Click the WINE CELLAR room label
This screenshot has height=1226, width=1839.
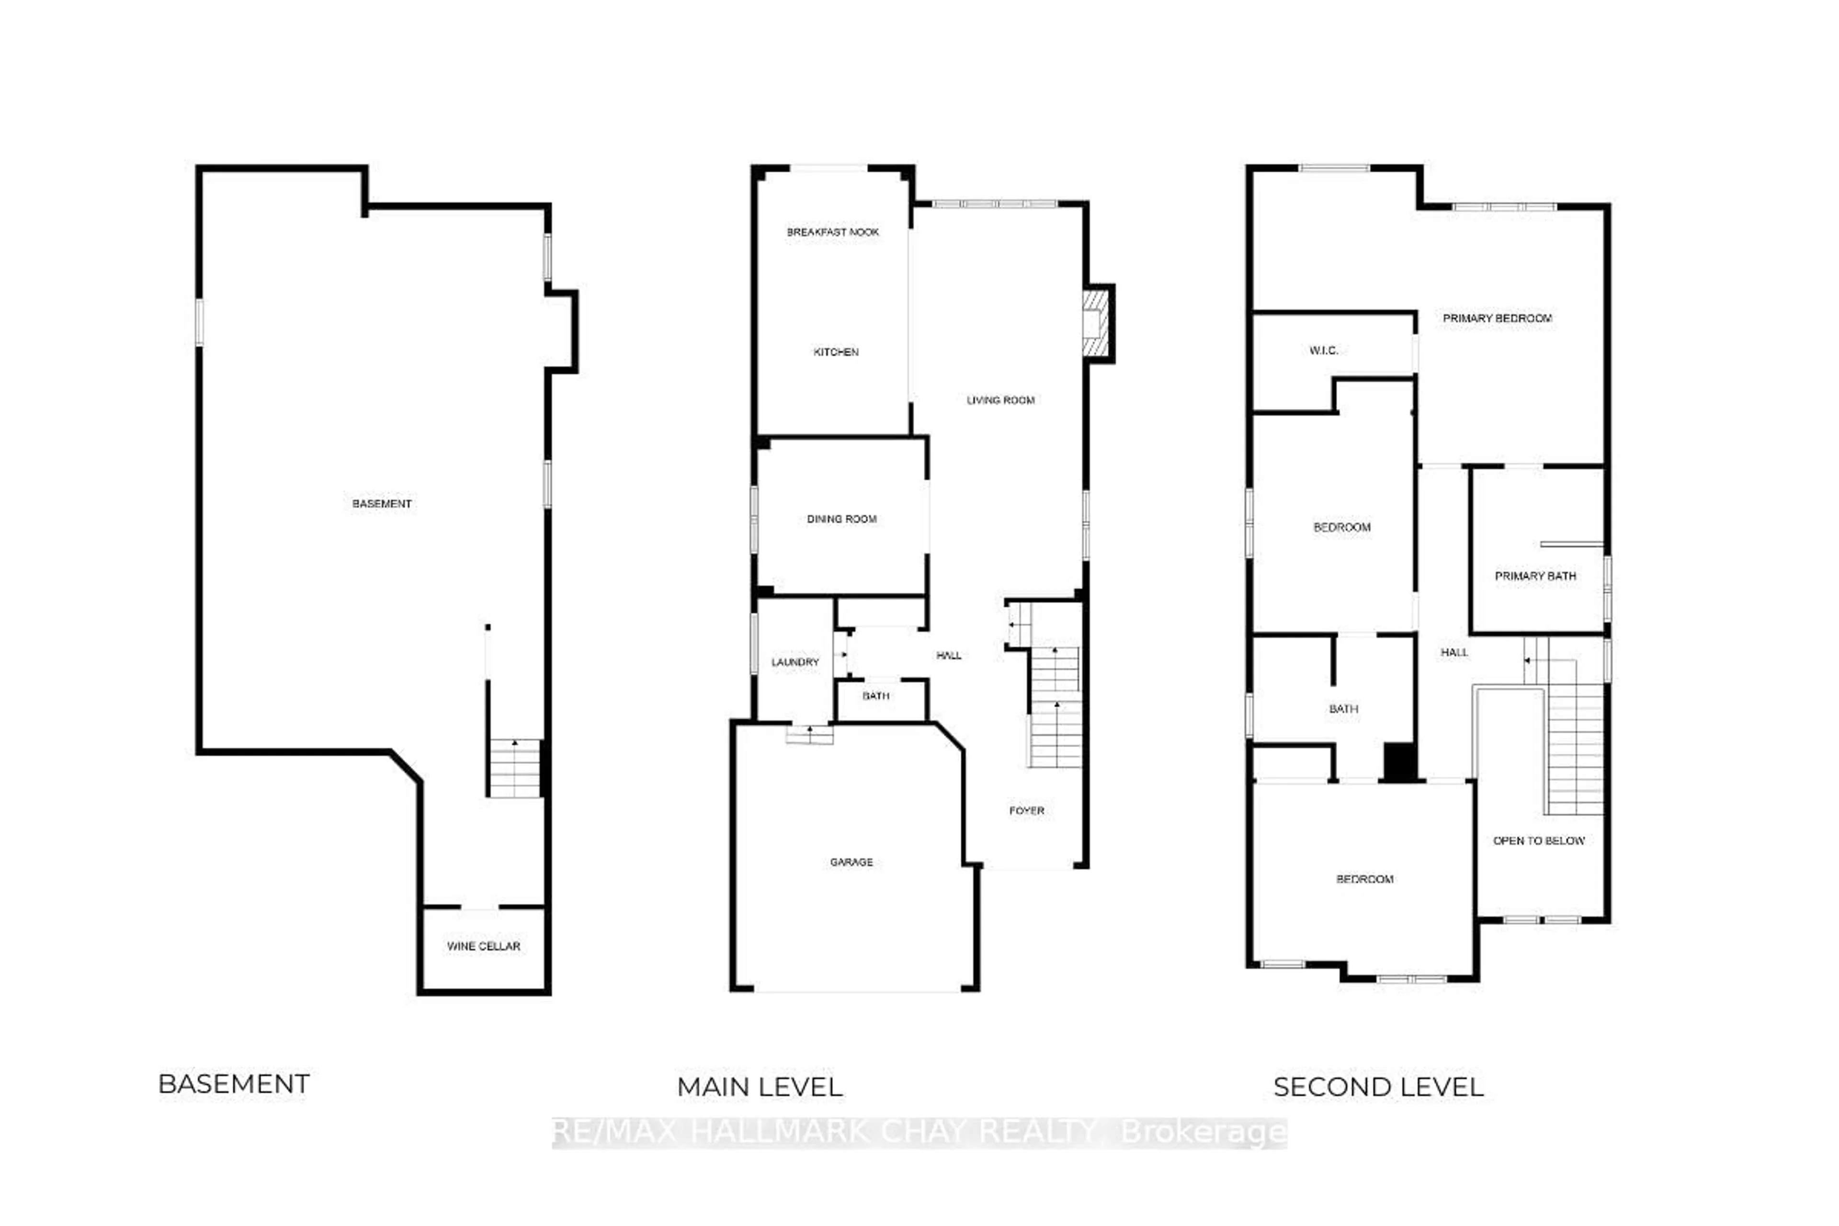pos(483,946)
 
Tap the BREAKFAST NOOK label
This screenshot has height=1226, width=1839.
pos(833,232)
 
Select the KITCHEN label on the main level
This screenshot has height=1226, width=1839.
pos(836,352)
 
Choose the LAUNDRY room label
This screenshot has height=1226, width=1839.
pos(795,662)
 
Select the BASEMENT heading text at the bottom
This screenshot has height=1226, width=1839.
pos(234,1084)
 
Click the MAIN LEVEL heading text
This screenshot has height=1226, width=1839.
pos(759,1087)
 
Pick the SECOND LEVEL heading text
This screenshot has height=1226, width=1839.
pos(1378,1087)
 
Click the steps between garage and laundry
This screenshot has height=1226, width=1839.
pos(809,735)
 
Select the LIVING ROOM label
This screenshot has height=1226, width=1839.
pos(1000,400)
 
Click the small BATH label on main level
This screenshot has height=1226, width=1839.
pos(876,696)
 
